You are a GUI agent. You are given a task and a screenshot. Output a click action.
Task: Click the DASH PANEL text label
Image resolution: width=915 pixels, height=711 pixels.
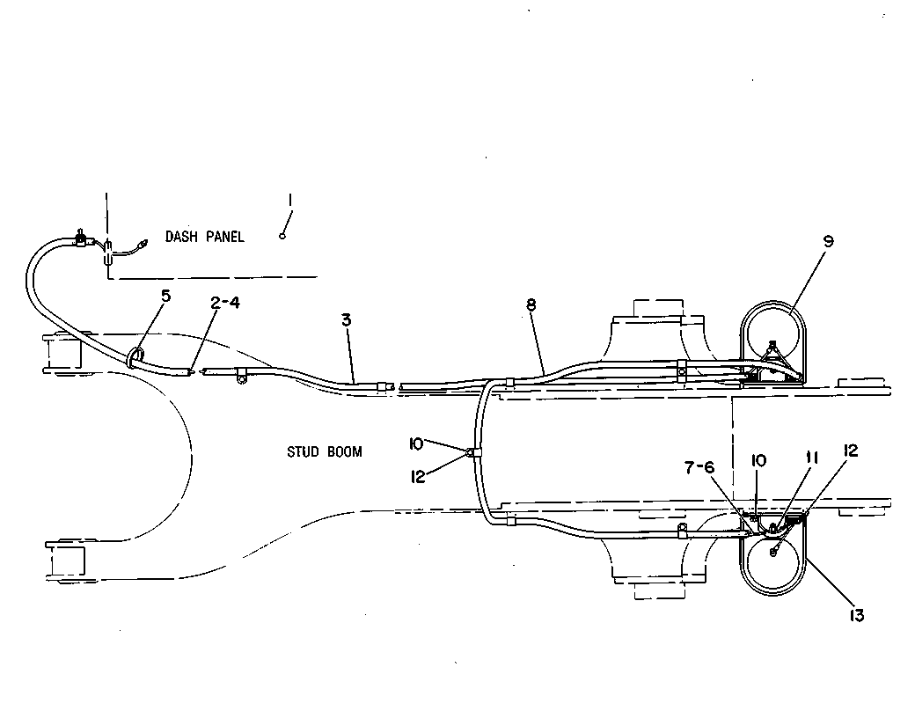pyautogui.click(x=204, y=237)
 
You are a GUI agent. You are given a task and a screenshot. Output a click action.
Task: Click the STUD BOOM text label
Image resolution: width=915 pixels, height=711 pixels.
pyautogui.click(x=325, y=451)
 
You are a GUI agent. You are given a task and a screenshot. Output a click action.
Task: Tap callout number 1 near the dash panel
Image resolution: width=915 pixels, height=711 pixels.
pyautogui.click(x=290, y=201)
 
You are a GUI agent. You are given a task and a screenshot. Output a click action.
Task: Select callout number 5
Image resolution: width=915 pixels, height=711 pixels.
pyautogui.click(x=166, y=296)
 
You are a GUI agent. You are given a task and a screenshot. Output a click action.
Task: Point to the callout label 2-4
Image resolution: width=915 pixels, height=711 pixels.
pyautogui.click(x=224, y=303)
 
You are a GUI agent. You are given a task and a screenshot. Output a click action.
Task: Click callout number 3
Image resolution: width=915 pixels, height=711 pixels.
pyautogui.click(x=347, y=319)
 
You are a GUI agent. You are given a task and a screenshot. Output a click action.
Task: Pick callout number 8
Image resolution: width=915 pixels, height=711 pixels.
pyautogui.click(x=531, y=304)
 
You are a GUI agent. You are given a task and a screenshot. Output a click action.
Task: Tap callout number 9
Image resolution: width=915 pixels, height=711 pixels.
pyautogui.click(x=829, y=241)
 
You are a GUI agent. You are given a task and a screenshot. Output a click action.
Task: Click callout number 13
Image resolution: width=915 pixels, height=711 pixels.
pyautogui.click(x=856, y=615)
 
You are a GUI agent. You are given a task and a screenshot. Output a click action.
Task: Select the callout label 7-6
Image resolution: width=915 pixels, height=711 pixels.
pyautogui.click(x=699, y=467)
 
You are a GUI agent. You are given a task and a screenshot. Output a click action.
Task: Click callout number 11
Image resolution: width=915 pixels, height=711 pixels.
pyautogui.click(x=812, y=458)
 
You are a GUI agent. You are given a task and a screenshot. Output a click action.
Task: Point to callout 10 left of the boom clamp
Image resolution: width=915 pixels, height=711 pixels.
pyautogui.click(x=416, y=444)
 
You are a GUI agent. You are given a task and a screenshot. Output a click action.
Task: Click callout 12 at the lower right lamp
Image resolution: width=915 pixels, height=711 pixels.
pyautogui.click(x=851, y=451)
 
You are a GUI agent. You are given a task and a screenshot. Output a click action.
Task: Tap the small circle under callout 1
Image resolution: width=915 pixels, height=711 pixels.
pyautogui.click(x=282, y=236)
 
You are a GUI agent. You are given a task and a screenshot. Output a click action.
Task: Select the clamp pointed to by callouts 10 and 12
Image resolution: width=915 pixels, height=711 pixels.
pyautogui.click(x=473, y=451)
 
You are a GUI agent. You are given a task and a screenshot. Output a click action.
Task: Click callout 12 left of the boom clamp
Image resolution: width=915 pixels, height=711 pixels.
pyautogui.click(x=418, y=477)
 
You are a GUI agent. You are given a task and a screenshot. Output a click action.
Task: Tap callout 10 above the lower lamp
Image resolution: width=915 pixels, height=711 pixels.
pyautogui.click(x=758, y=460)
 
